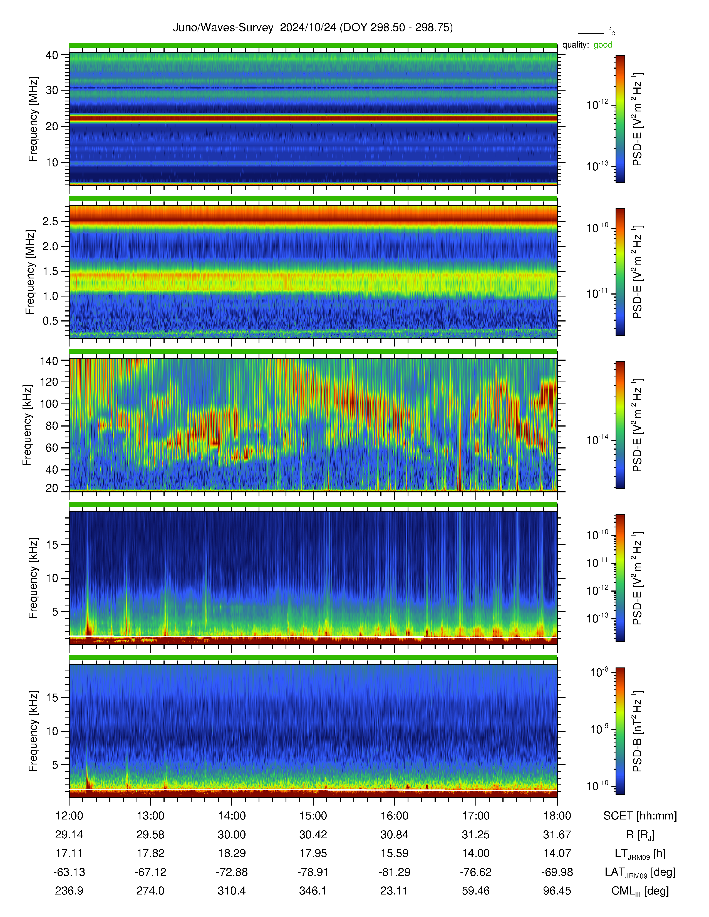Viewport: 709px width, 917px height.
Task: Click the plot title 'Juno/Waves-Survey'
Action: [x=223, y=28]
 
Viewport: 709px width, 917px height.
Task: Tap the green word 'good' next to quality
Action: [x=603, y=45]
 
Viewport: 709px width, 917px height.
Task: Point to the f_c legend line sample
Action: [x=591, y=33]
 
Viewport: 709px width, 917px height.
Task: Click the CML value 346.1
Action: [x=313, y=891]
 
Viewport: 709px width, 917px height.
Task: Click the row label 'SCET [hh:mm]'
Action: [x=640, y=816]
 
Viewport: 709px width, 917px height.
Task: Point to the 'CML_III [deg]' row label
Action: [x=640, y=891]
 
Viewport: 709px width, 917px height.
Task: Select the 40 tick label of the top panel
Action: [x=52, y=55]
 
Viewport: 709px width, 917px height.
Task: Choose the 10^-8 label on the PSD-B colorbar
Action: [x=599, y=672]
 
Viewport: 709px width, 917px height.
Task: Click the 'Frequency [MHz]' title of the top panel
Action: [x=33, y=119]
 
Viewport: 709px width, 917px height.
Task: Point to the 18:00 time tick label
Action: [x=557, y=816]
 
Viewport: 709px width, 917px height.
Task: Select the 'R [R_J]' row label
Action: [x=640, y=835]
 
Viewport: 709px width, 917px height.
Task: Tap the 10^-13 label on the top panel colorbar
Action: [x=597, y=166]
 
